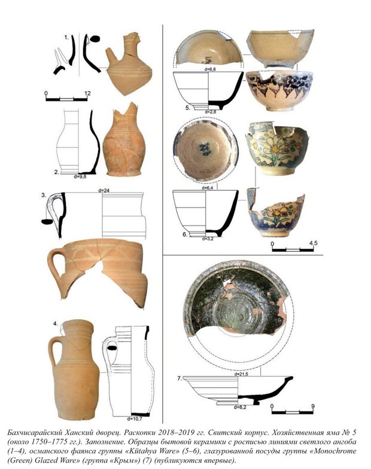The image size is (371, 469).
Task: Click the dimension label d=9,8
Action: (80, 176)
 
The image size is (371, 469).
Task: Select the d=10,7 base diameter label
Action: (134, 419)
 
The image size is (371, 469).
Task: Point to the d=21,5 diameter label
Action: (241, 374)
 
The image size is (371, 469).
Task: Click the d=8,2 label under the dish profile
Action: (240, 407)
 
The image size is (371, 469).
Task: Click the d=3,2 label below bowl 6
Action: (207, 239)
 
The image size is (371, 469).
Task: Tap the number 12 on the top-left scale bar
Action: (87, 93)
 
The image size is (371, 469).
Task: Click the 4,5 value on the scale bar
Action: (313, 243)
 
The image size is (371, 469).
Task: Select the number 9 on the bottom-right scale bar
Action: (313, 406)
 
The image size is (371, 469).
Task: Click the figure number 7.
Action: (180, 379)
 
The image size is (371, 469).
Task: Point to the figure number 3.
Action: (44, 195)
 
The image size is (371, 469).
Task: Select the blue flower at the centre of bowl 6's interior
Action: (205, 148)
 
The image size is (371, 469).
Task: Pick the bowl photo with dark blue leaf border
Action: (279, 90)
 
